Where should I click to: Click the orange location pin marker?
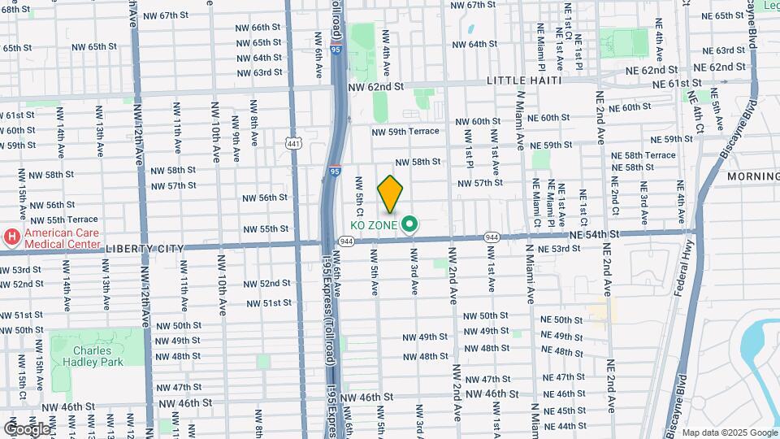coord(390,193)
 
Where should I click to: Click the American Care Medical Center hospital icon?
coord(12,237)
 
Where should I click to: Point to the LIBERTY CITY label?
coord(54,248)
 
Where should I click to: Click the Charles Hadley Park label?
coord(89,354)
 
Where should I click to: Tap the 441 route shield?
coord(293,143)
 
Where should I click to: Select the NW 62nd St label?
coord(375,86)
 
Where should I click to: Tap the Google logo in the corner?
coord(27,428)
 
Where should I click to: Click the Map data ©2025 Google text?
coord(729,432)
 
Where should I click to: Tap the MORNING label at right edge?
coord(752,176)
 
